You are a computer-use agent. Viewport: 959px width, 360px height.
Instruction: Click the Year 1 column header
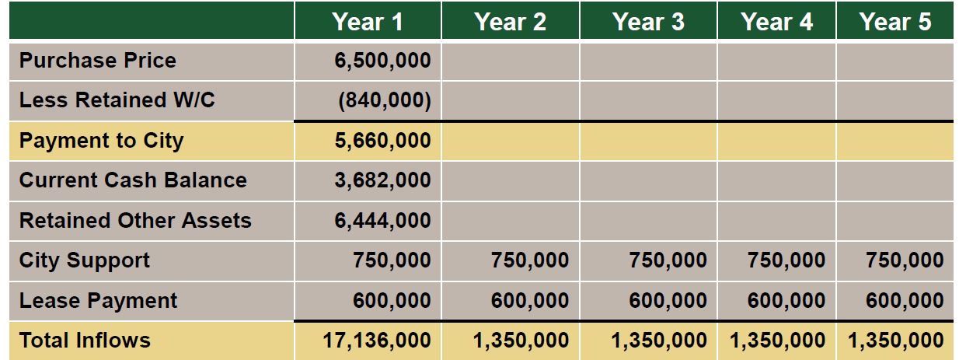point(368,21)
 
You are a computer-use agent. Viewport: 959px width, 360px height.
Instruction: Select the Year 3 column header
point(648,21)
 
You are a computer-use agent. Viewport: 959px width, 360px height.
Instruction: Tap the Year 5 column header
point(894,21)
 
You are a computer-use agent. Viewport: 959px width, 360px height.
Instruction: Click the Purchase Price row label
point(98,61)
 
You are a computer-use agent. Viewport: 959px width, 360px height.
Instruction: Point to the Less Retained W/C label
point(117,100)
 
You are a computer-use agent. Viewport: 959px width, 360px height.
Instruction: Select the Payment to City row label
point(102,141)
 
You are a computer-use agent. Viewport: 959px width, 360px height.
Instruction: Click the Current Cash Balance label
point(133,180)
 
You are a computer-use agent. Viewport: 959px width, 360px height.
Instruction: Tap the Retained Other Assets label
point(135,221)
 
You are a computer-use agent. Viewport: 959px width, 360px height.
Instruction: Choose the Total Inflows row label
point(85,340)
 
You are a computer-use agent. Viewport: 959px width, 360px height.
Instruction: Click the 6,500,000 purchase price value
point(382,61)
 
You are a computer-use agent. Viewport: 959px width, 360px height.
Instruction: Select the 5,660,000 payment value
point(382,141)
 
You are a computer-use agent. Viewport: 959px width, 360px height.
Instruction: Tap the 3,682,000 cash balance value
point(382,180)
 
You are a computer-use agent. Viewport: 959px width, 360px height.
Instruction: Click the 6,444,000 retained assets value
point(382,221)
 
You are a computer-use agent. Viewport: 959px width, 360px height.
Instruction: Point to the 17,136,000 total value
point(376,340)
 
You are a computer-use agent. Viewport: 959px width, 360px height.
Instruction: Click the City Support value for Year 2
point(530,260)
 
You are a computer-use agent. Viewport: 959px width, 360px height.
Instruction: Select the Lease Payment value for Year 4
point(786,301)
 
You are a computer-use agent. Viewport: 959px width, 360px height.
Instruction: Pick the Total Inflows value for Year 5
point(896,340)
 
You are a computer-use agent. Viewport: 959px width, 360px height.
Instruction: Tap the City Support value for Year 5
point(905,260)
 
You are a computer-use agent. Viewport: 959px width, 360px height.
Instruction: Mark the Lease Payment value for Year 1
point(392,301)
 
